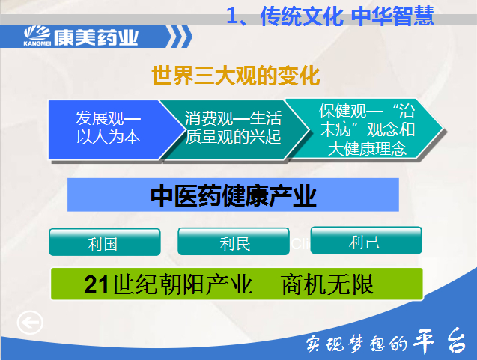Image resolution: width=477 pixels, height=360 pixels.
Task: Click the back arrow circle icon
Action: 30,323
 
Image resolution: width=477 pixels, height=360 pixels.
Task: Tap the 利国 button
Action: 105,242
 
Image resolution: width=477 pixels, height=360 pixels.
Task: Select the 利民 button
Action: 234,242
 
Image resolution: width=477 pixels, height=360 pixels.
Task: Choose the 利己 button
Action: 366,240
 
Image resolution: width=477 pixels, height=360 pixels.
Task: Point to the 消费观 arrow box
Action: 234,129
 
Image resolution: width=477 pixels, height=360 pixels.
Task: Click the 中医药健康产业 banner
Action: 233,195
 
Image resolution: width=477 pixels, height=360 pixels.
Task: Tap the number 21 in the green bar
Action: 97,284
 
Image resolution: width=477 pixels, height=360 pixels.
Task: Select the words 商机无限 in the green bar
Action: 328,284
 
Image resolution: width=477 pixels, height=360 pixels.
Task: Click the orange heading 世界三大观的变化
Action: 236,75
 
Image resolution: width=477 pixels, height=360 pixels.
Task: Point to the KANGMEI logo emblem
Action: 37,36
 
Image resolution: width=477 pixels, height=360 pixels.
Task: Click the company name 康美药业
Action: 96,37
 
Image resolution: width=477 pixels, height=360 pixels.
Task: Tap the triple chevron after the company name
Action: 180,37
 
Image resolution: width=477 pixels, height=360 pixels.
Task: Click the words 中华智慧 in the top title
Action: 392,16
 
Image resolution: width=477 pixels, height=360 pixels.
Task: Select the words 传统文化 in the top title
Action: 302,16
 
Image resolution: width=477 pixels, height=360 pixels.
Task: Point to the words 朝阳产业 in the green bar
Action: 205,284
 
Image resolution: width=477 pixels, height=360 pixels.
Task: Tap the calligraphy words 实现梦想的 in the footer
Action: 356,344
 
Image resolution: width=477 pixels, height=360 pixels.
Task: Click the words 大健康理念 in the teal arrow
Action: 367,149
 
